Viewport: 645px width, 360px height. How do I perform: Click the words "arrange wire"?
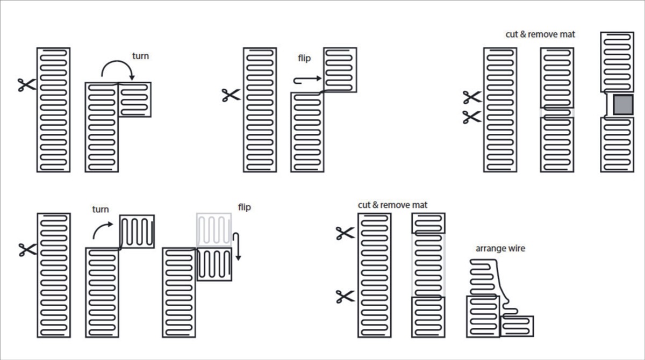point(500,249)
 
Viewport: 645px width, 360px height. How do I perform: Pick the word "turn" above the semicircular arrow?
point(140,55)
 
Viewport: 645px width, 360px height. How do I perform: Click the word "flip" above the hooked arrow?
point(304,58)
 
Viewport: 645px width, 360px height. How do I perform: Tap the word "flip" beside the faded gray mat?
point(244,207)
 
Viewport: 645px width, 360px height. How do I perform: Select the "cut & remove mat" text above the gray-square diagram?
point(540,34)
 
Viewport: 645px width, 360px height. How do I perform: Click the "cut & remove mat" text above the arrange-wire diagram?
point(393,205)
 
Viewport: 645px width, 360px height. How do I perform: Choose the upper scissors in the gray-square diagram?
point(472,97)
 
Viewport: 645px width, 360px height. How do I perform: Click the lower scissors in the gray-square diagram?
point(472,117)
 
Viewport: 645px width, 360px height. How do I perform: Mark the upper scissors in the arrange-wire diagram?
point(345,233)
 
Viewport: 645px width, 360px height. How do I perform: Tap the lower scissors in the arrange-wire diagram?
point(345,296)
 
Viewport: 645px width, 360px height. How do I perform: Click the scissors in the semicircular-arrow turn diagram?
point(26,84)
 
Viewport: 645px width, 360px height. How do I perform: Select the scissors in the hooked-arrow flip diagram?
point(231,95)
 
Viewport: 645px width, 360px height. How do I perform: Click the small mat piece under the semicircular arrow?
point(134,99)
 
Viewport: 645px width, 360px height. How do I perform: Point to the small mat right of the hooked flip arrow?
point(340,70)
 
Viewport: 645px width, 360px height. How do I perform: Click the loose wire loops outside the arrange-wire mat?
point(486,274)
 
